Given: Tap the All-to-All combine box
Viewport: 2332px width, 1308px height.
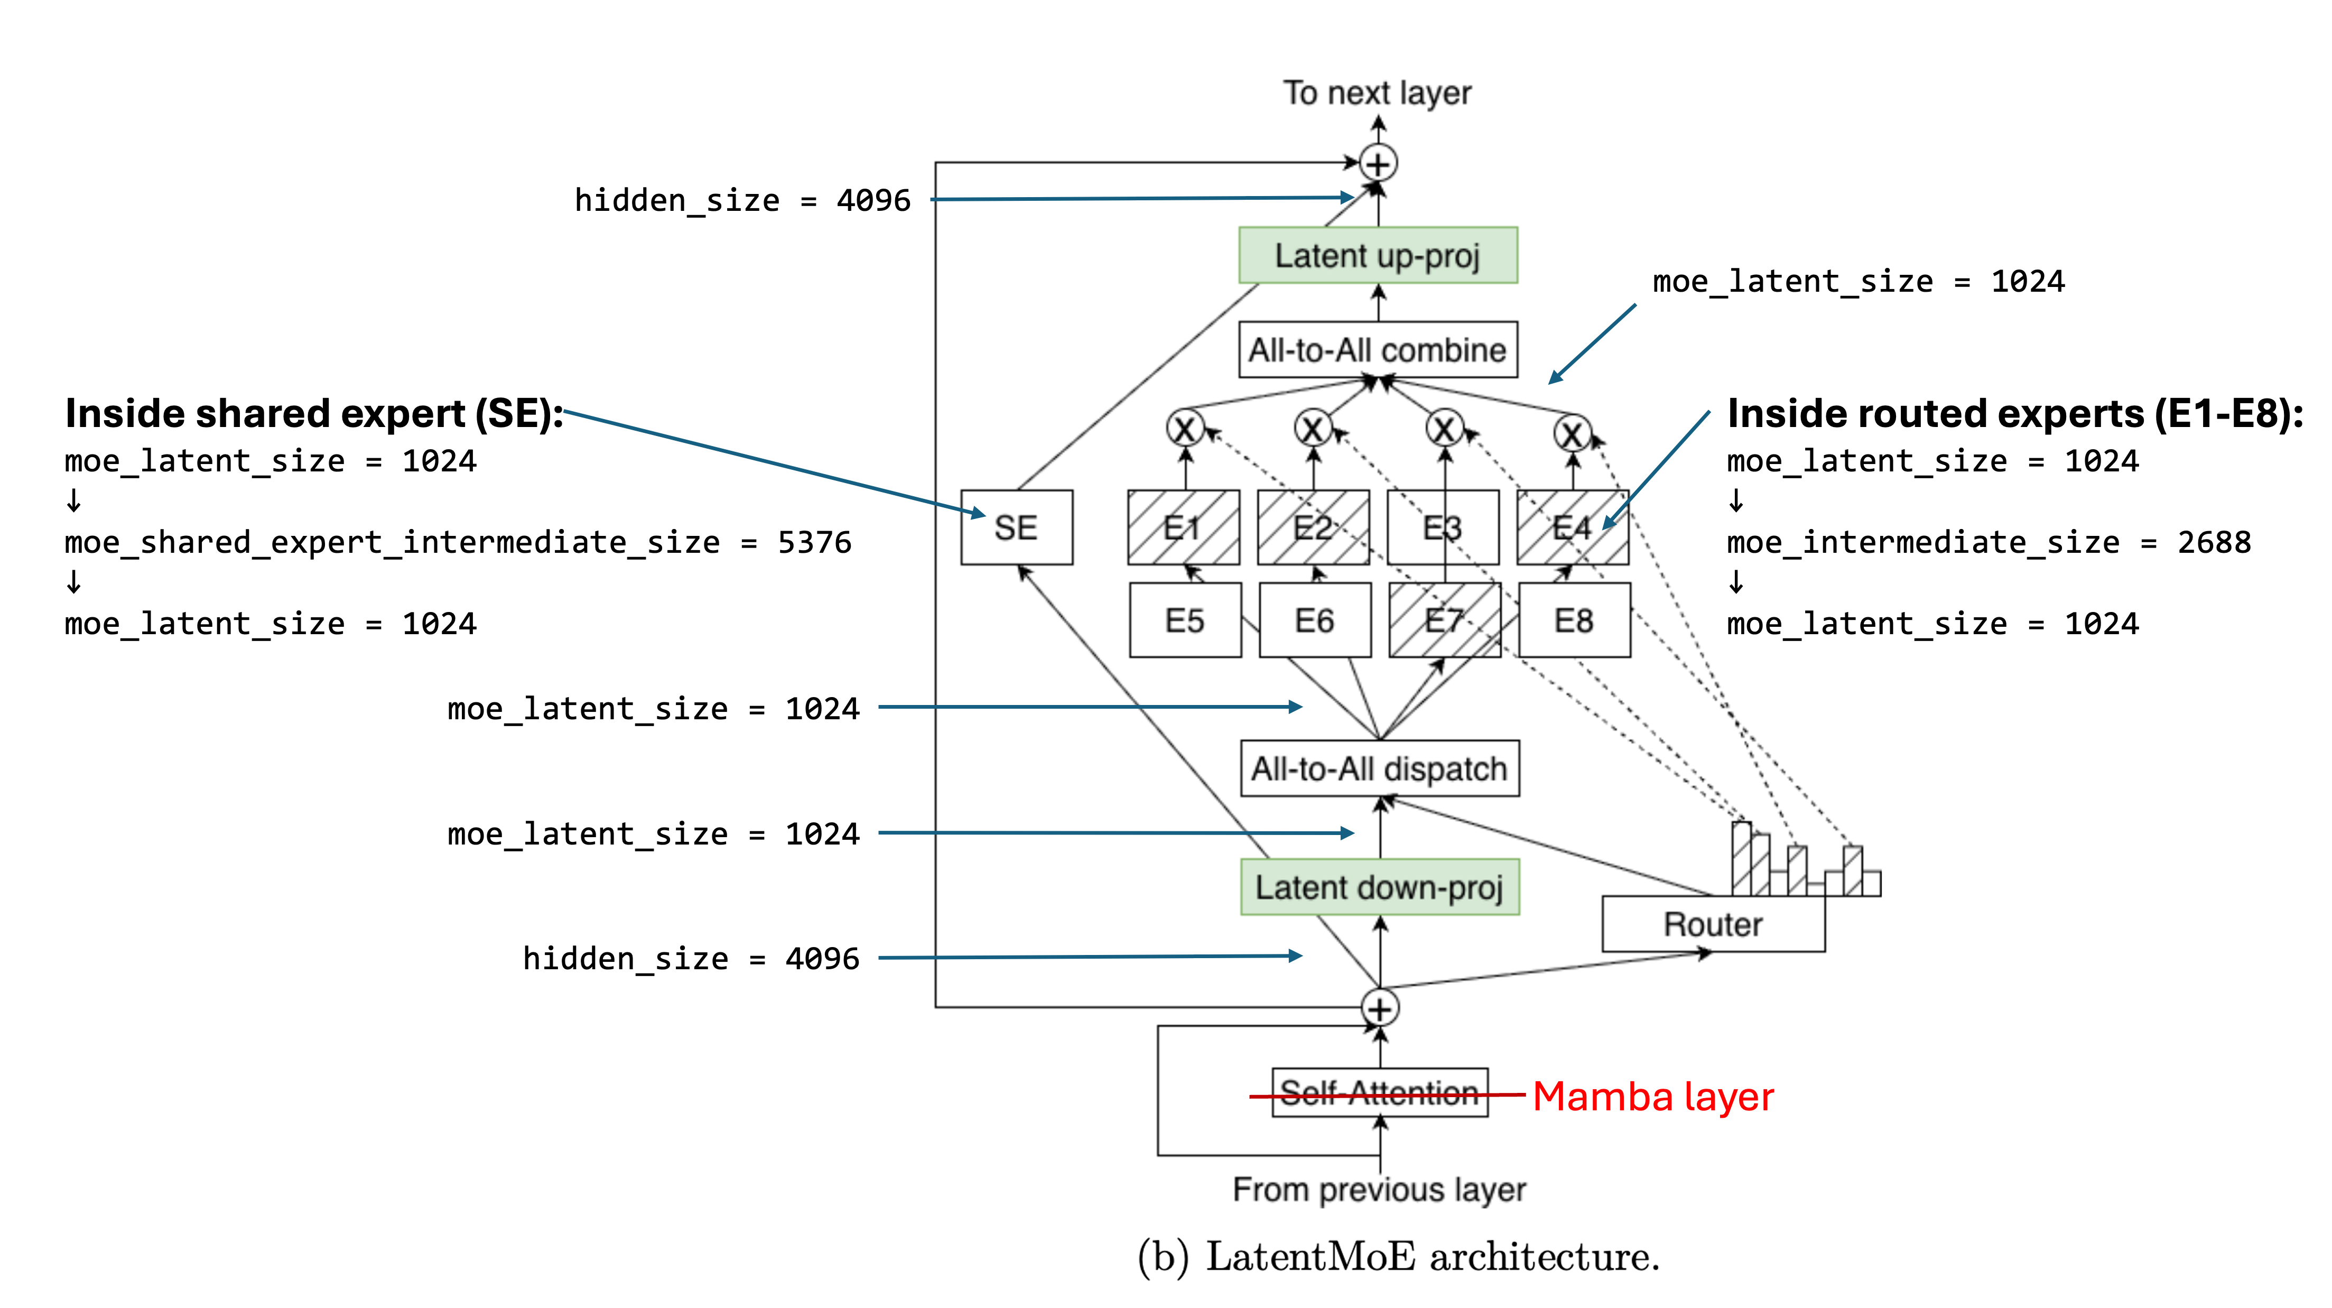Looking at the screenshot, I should (1377, 349).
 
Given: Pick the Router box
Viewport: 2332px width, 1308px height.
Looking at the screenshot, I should (1712, 924).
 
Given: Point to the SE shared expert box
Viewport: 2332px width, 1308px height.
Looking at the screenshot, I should (1016, 528).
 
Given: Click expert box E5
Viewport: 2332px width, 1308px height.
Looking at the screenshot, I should (1184, 621).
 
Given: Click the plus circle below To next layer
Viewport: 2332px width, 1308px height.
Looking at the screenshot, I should (1378, 164).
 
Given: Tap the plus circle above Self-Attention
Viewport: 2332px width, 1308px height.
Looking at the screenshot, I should (1380, 1008).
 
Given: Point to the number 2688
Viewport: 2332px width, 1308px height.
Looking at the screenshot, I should (2214, 542).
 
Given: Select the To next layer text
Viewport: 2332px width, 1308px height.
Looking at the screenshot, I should (1377, 92).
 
